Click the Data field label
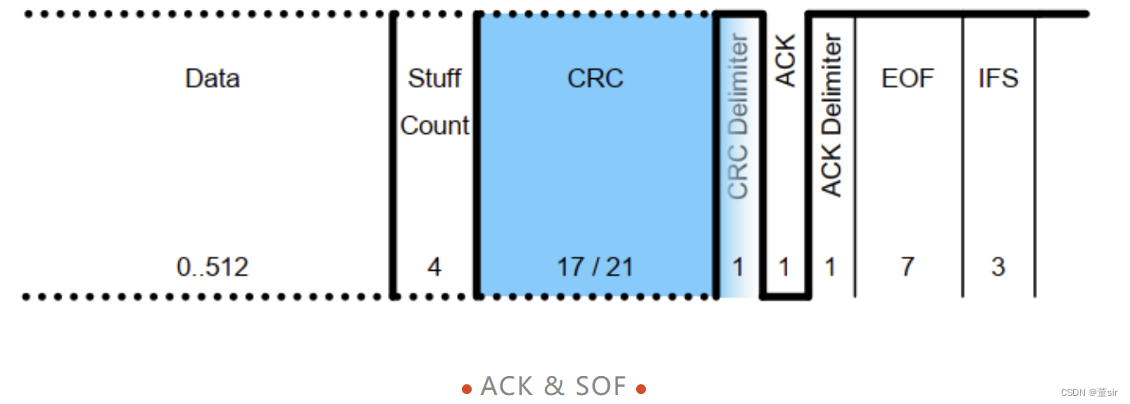tap(212, 79)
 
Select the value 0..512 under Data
tap(212, 267)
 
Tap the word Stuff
tap(434, 79)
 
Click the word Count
tap(434, 126)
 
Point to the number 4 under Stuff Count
tap(434, 267)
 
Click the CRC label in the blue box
tap(595, 79)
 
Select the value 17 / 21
tap(595, 267)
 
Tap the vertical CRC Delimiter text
tap(739, 117)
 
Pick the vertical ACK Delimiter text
tap(832, 115)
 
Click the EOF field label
tap(907, 79)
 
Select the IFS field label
tap(998, 79)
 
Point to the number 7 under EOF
tap(907, 267)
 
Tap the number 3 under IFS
tap(998, 267)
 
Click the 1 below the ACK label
tap(785, 267)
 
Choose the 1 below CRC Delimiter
tap(739, 267)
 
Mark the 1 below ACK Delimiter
tap(831, 267)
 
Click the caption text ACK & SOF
tap(553, 386)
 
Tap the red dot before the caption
tap(467, 388)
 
